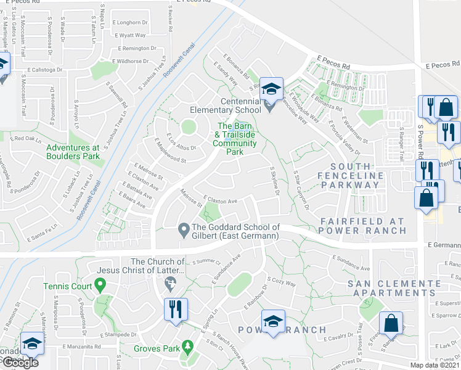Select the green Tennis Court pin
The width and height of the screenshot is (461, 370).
[102, 286]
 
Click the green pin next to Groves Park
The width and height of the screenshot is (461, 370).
[187, 348]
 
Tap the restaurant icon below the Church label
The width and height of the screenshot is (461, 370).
[176, 308]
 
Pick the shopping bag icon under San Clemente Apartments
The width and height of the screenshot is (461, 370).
[391, 323]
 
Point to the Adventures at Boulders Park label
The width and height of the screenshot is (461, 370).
[73, 152]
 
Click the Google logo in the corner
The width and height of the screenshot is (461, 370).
[20, 363]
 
